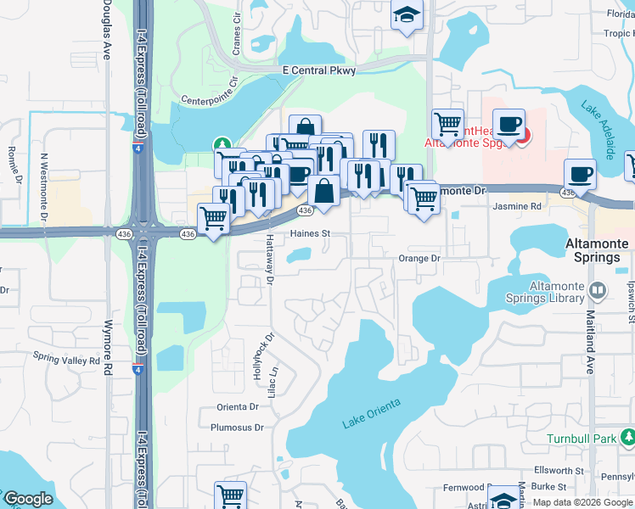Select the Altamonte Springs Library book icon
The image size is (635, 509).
598,291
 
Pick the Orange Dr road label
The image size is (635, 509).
420,258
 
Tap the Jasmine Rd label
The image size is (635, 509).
518,206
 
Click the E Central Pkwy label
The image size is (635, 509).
318,71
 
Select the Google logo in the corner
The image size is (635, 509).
28,499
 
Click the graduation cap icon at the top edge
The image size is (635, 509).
407,15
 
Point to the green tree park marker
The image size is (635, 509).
222,144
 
